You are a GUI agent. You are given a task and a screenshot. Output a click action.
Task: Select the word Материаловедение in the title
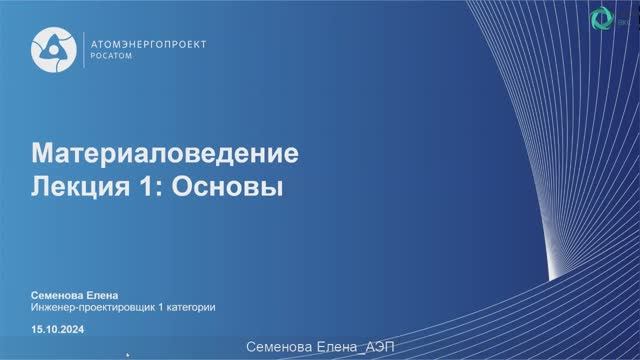coord(167,155)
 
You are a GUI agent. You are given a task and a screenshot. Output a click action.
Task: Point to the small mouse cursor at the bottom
coord(129,352)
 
